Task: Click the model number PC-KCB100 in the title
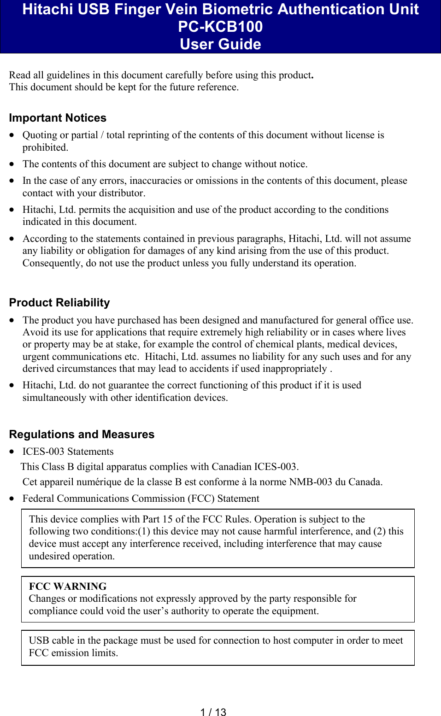(x=220, y=27)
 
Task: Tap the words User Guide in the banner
(x=220, y=44)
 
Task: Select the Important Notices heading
(x=58, y=118)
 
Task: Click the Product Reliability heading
(x=59, y=303)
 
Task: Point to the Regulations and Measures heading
(x=82, y=434)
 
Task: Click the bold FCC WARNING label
(x=68, y=586)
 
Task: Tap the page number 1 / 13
(x=213, y=712)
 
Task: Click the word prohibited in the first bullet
(x=45, y=147)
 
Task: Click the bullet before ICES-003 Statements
(x=12, y=452)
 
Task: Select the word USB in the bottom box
(x=38, y=640)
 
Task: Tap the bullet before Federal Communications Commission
(x=12, y=499)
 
